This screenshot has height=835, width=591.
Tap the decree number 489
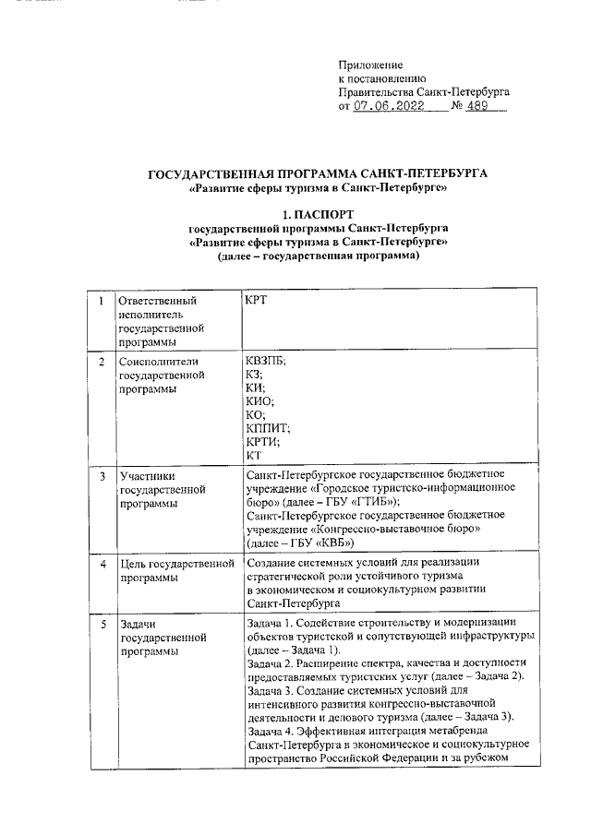[477, 106]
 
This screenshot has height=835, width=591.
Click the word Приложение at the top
[371, 66]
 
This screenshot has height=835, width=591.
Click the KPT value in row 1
[258, 301]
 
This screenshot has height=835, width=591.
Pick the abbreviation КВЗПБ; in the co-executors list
[267, 361]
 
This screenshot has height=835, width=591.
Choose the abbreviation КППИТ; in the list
[269, 426]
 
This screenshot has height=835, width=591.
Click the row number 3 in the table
[101, 476]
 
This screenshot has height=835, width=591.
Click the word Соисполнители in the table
[159, 362]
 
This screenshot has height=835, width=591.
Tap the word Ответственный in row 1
[159, 301]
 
